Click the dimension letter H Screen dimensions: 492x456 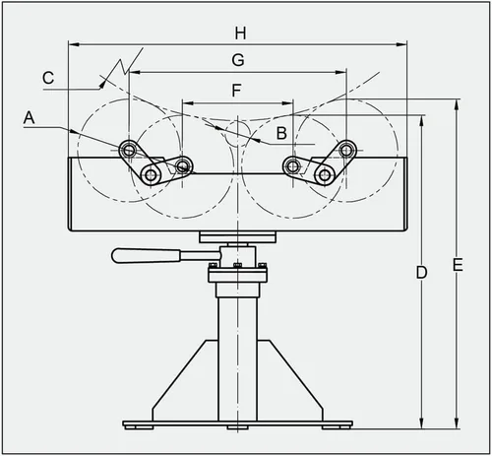[x=240, y=33]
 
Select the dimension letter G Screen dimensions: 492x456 [x=238, y=60]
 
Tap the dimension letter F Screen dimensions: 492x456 [x=237, y=91]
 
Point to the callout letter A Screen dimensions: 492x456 [x=29, y=117]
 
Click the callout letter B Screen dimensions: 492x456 [x=281, y=133]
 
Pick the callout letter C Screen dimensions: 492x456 [x=48, y=78]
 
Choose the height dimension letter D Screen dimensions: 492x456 [x=422, y=272]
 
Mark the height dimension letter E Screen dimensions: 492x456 [x=458, y=265]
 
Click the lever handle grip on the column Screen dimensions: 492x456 [x=147, y=256]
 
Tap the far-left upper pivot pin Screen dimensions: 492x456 [x=129, y=151]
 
